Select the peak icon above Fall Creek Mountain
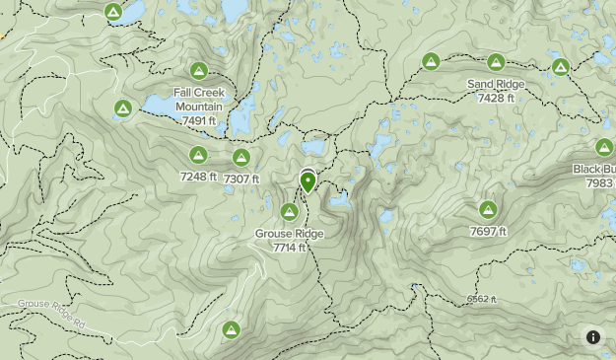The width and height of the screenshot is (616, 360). pos(199,71)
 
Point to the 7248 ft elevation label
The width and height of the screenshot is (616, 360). pos(198,177)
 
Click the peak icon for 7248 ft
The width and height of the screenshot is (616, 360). pos(197,154)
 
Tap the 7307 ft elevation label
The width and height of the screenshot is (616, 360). pos(241,179)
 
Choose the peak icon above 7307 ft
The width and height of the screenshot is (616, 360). pos(240,157)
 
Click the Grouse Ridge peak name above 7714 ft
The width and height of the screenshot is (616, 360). pos(289,234)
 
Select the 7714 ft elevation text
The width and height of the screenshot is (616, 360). pos(290,248)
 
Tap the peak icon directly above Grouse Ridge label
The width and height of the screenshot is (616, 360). pos(290,211)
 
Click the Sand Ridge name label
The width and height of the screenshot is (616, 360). pos(495,85)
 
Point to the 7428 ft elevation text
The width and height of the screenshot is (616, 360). pos(495,98)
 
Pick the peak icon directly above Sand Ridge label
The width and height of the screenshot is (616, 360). pos(495,61)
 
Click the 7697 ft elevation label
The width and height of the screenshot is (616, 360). pos(488,232)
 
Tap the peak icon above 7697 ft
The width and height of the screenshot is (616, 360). pos(488,209)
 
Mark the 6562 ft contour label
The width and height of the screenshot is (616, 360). pos(481,299)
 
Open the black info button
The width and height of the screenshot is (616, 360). pos(593,336)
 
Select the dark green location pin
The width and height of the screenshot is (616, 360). pos(308,181)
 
